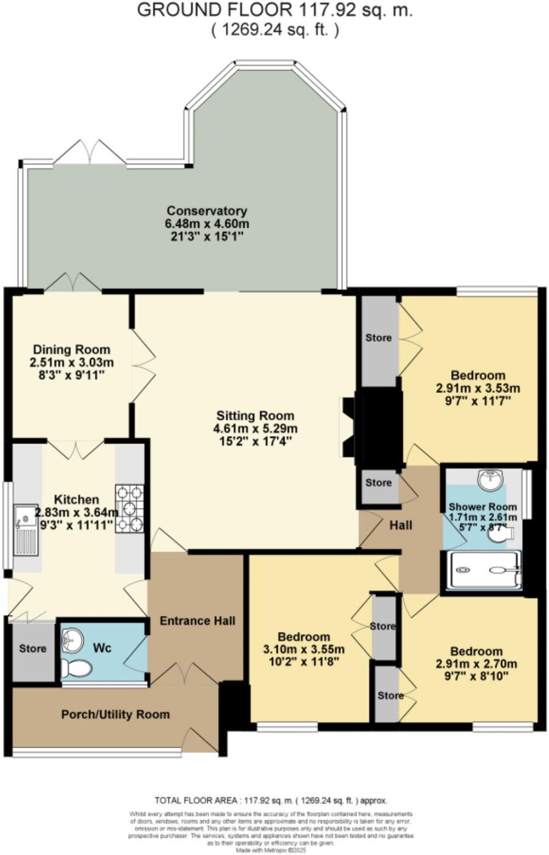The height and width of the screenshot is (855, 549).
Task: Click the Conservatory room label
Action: click(207, 210)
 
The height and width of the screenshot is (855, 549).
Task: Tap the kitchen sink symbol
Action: click(26, 529)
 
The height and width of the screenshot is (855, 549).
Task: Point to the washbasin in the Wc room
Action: click(72, 639)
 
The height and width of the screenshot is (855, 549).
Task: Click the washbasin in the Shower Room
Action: click(490, 481)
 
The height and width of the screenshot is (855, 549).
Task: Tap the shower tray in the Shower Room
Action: click(483, 571)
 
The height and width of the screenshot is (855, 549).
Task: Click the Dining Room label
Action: click(71, 350)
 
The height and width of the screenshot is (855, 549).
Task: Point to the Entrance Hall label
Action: click(197, 620)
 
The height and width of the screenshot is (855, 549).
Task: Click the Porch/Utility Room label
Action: click(115, 715)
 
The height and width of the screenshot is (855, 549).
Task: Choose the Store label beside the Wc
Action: click(32, 648)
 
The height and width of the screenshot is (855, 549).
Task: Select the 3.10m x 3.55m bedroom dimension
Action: click(304, 649)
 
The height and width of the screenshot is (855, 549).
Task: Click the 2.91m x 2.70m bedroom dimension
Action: click(476, 664)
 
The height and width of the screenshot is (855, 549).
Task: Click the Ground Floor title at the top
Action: click(274, 10)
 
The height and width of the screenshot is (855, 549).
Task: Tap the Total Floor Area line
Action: click(271, 800)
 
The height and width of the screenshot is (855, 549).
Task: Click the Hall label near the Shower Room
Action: click(401, 525)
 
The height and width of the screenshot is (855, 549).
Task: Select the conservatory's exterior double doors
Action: click(89, 152)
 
